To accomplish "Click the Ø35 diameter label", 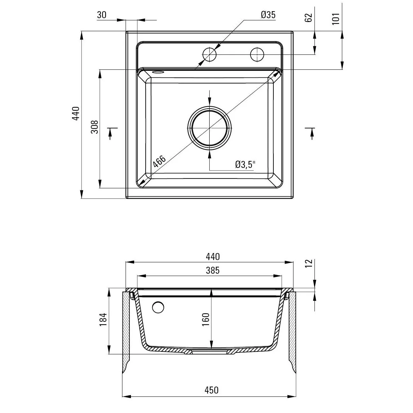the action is [x=268, y=15].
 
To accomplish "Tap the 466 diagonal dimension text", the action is [x=159, y=161].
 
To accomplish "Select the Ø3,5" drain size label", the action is [x=245, y=164].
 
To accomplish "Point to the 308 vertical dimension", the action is [x=95, y=127].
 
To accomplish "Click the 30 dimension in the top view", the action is [x=102, y=15].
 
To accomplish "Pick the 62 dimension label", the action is [x=308, y=18].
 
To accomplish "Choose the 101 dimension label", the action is [x=336, y=19].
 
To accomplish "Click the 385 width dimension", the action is [x=213, y=271].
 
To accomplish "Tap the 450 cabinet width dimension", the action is [x=212, y=390].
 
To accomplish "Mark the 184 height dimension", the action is [x=103, y=320].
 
